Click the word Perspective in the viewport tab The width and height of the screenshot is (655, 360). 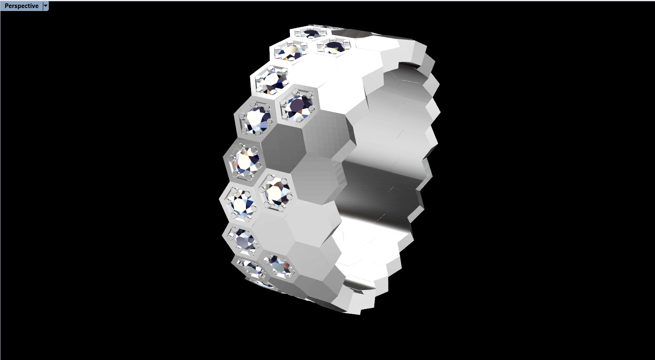[21, 6]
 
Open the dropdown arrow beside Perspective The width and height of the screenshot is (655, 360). [46, 6]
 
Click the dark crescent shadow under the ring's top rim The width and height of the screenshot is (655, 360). [409, 68]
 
